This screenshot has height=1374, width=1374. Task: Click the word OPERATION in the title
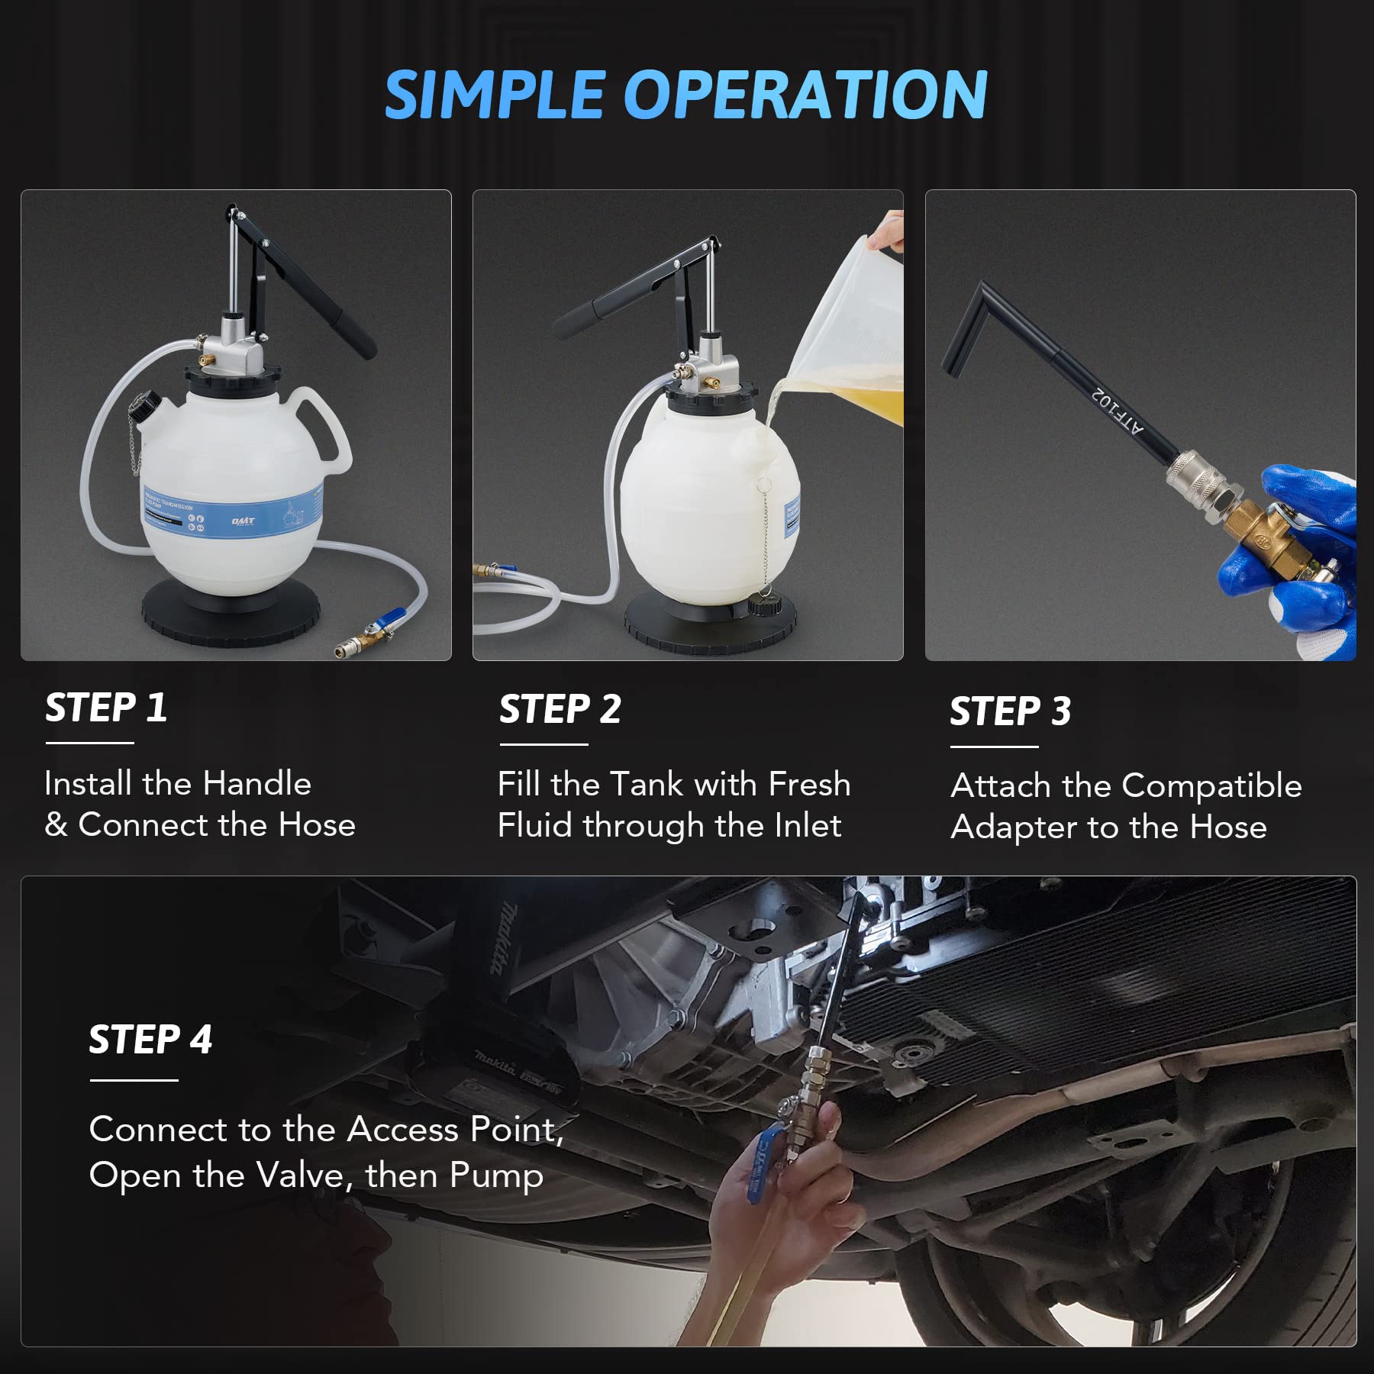pos(806,95)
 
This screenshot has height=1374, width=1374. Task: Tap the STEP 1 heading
pos(105,708)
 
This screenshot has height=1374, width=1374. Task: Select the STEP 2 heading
pos(560,709)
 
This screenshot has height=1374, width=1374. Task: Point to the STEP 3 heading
pos(1010,711)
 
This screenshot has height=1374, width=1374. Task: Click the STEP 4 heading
pos(150,1040)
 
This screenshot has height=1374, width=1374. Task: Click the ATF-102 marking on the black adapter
pos(1118,411)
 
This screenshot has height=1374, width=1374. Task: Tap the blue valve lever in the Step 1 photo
pos(392,615)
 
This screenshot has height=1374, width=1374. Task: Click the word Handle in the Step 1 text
pos(256,783)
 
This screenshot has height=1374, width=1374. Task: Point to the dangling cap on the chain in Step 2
pos(761,607)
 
